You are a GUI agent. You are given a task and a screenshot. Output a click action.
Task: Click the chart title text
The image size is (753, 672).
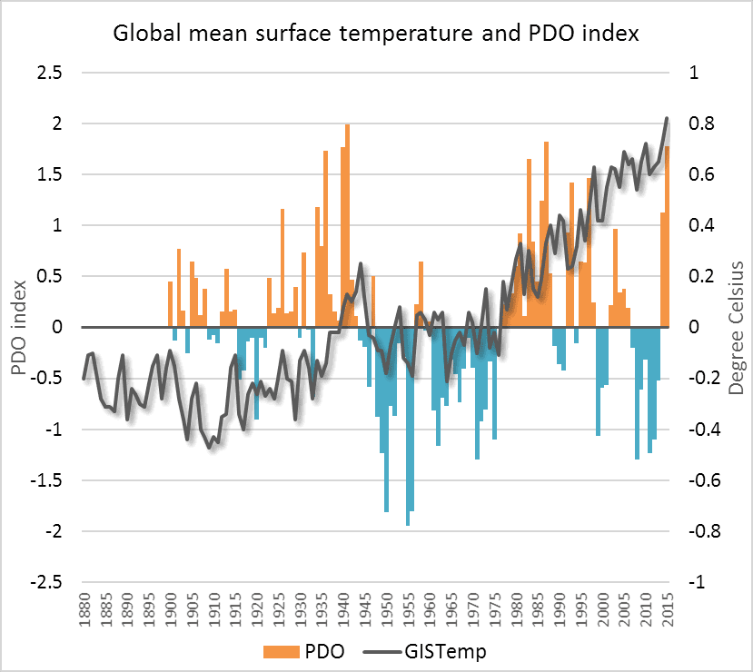pos(376,35)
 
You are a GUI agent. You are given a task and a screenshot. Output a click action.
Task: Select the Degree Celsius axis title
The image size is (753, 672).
pos(736,327)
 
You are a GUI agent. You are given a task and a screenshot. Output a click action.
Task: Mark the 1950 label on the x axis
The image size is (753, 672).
pos(386,608)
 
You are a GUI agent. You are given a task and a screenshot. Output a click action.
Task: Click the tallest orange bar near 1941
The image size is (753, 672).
pos(347,227)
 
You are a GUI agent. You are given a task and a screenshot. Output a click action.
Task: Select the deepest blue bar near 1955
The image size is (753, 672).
pos(408,427)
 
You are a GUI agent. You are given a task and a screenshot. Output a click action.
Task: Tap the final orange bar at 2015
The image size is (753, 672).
pos(667,236)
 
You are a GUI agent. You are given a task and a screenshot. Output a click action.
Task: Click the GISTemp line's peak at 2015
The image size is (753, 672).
pos(667,119)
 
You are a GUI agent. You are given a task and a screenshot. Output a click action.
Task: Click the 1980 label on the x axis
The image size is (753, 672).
pos(516,608)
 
